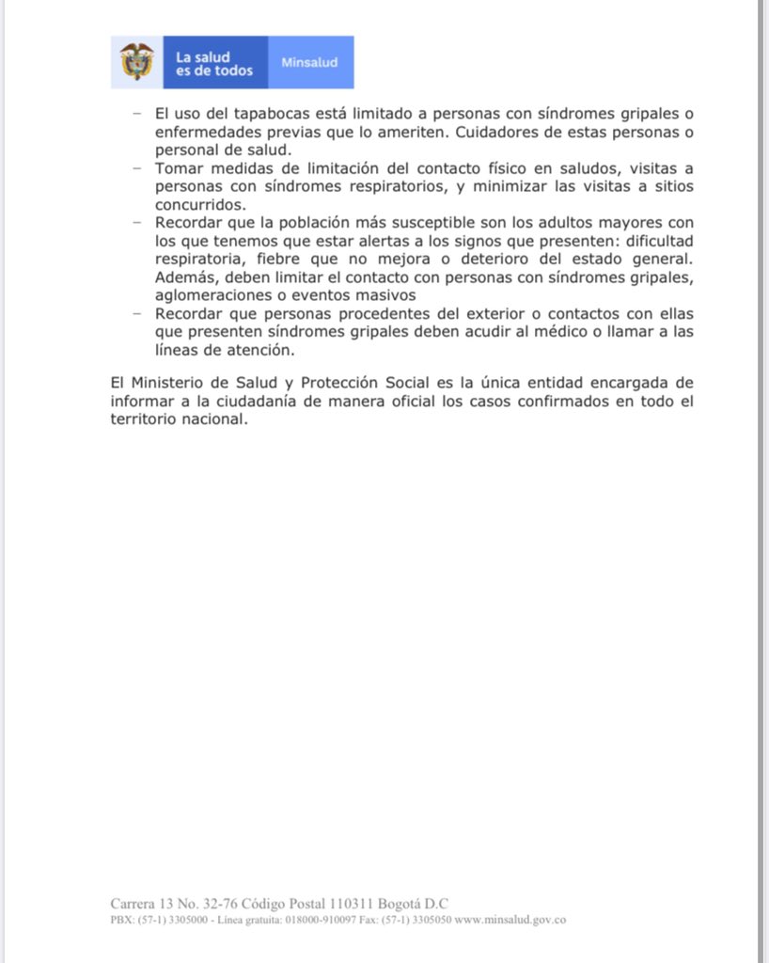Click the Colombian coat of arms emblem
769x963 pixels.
137,62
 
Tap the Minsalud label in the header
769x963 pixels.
310,62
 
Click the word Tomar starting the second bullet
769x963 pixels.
177,168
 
